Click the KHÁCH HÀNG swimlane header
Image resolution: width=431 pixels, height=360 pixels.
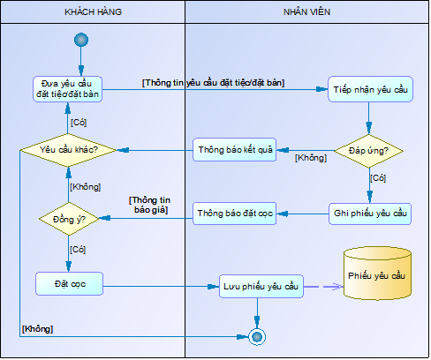point(93,12)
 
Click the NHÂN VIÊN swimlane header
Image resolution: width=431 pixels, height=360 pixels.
point(306,12)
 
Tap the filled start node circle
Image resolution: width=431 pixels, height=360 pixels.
point(81,40)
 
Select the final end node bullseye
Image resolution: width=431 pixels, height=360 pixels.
point(257,337)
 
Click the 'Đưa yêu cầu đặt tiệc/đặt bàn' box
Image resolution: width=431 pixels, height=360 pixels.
point(67,89)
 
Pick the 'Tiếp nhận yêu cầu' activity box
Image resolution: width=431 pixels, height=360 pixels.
point(370,89)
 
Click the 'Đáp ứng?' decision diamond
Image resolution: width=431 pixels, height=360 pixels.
point(369,151)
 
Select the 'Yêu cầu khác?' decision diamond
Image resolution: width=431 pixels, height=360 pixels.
point(68,150)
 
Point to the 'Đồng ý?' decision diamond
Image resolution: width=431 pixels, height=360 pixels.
point(69,219)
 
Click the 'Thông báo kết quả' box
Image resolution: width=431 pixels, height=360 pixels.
point(235,150)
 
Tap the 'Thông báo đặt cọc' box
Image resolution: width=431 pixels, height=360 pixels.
point(235,214)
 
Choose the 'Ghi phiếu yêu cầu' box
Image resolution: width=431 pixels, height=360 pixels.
point(370,214)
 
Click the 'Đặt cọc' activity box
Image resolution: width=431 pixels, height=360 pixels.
point(70,284)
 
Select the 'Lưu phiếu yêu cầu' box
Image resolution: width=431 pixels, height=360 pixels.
point(261,287)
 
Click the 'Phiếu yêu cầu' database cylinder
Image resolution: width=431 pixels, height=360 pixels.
point(377,274)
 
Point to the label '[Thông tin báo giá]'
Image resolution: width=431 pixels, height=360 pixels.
point(149,205)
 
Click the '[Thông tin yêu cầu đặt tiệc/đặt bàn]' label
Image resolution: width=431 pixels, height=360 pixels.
point(213,83)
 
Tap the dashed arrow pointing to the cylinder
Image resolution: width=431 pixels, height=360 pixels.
point(323,287)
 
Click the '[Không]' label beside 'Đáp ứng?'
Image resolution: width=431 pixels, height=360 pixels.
point(311,158)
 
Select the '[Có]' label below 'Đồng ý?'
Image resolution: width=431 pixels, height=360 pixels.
point(78,250)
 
